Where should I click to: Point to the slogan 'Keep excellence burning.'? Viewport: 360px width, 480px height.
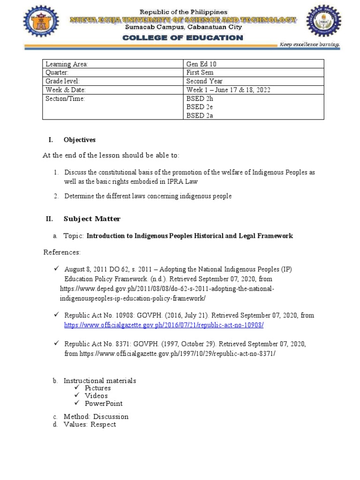(309, 45)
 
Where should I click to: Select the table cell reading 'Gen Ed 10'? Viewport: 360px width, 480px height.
(202, 64)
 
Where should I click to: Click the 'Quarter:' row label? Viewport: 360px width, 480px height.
(57, 73)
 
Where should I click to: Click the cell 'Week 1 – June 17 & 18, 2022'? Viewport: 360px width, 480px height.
(228, 90)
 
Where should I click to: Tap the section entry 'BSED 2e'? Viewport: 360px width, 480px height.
(200, 107)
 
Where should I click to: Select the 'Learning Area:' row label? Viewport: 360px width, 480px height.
(67, 64)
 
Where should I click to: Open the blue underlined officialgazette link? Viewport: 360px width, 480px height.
(164, 325)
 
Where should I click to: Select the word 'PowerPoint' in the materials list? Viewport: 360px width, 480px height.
(104, 404)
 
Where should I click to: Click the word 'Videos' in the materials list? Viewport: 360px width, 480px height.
(96, 396)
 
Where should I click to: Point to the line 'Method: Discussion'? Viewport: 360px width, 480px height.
(96, 416)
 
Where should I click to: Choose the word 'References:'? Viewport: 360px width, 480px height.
(62, 253)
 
